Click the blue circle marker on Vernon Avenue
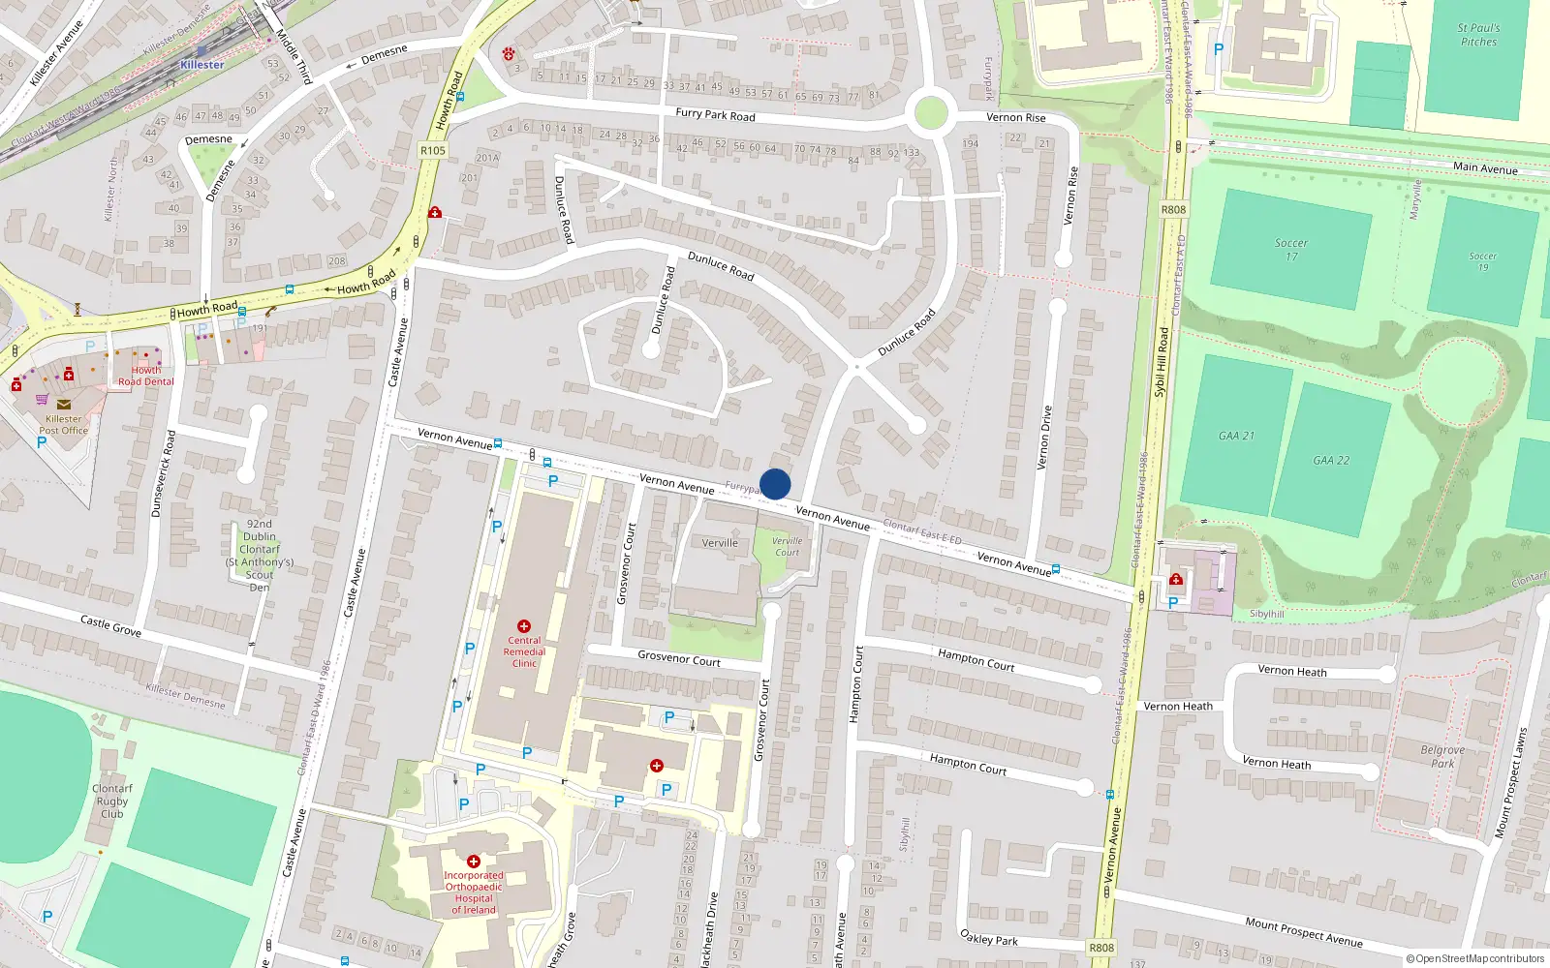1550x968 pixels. (x=775, y=484)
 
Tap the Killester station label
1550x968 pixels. (x=201, y=65)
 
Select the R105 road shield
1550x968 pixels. (x=433, y=150)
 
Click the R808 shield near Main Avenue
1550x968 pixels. (x=1173, y=209)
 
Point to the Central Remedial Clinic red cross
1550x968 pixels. (x=524, y=626)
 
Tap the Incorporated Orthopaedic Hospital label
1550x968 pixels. (x=474, y=892)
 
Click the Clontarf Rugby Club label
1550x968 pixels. (x=112, y=801)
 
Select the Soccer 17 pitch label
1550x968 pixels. (x=1291, y=249)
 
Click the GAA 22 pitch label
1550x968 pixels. (x=1331, y=461)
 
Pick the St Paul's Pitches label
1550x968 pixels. (x=1478, y=35)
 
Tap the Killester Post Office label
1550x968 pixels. (x=64, y=425)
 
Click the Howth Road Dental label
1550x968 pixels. (x=146, y=376)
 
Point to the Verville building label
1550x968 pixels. (x=720, y=543)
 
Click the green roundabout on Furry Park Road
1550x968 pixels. (x=930, y=112)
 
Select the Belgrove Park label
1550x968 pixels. (x=1442, y=756)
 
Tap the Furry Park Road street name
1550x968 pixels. (x=715, y=114)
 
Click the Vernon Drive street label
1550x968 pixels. (x=1044, y=438)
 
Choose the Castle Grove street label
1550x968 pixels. (x=110, y=625)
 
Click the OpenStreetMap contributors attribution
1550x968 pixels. (x=1474, y=958)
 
